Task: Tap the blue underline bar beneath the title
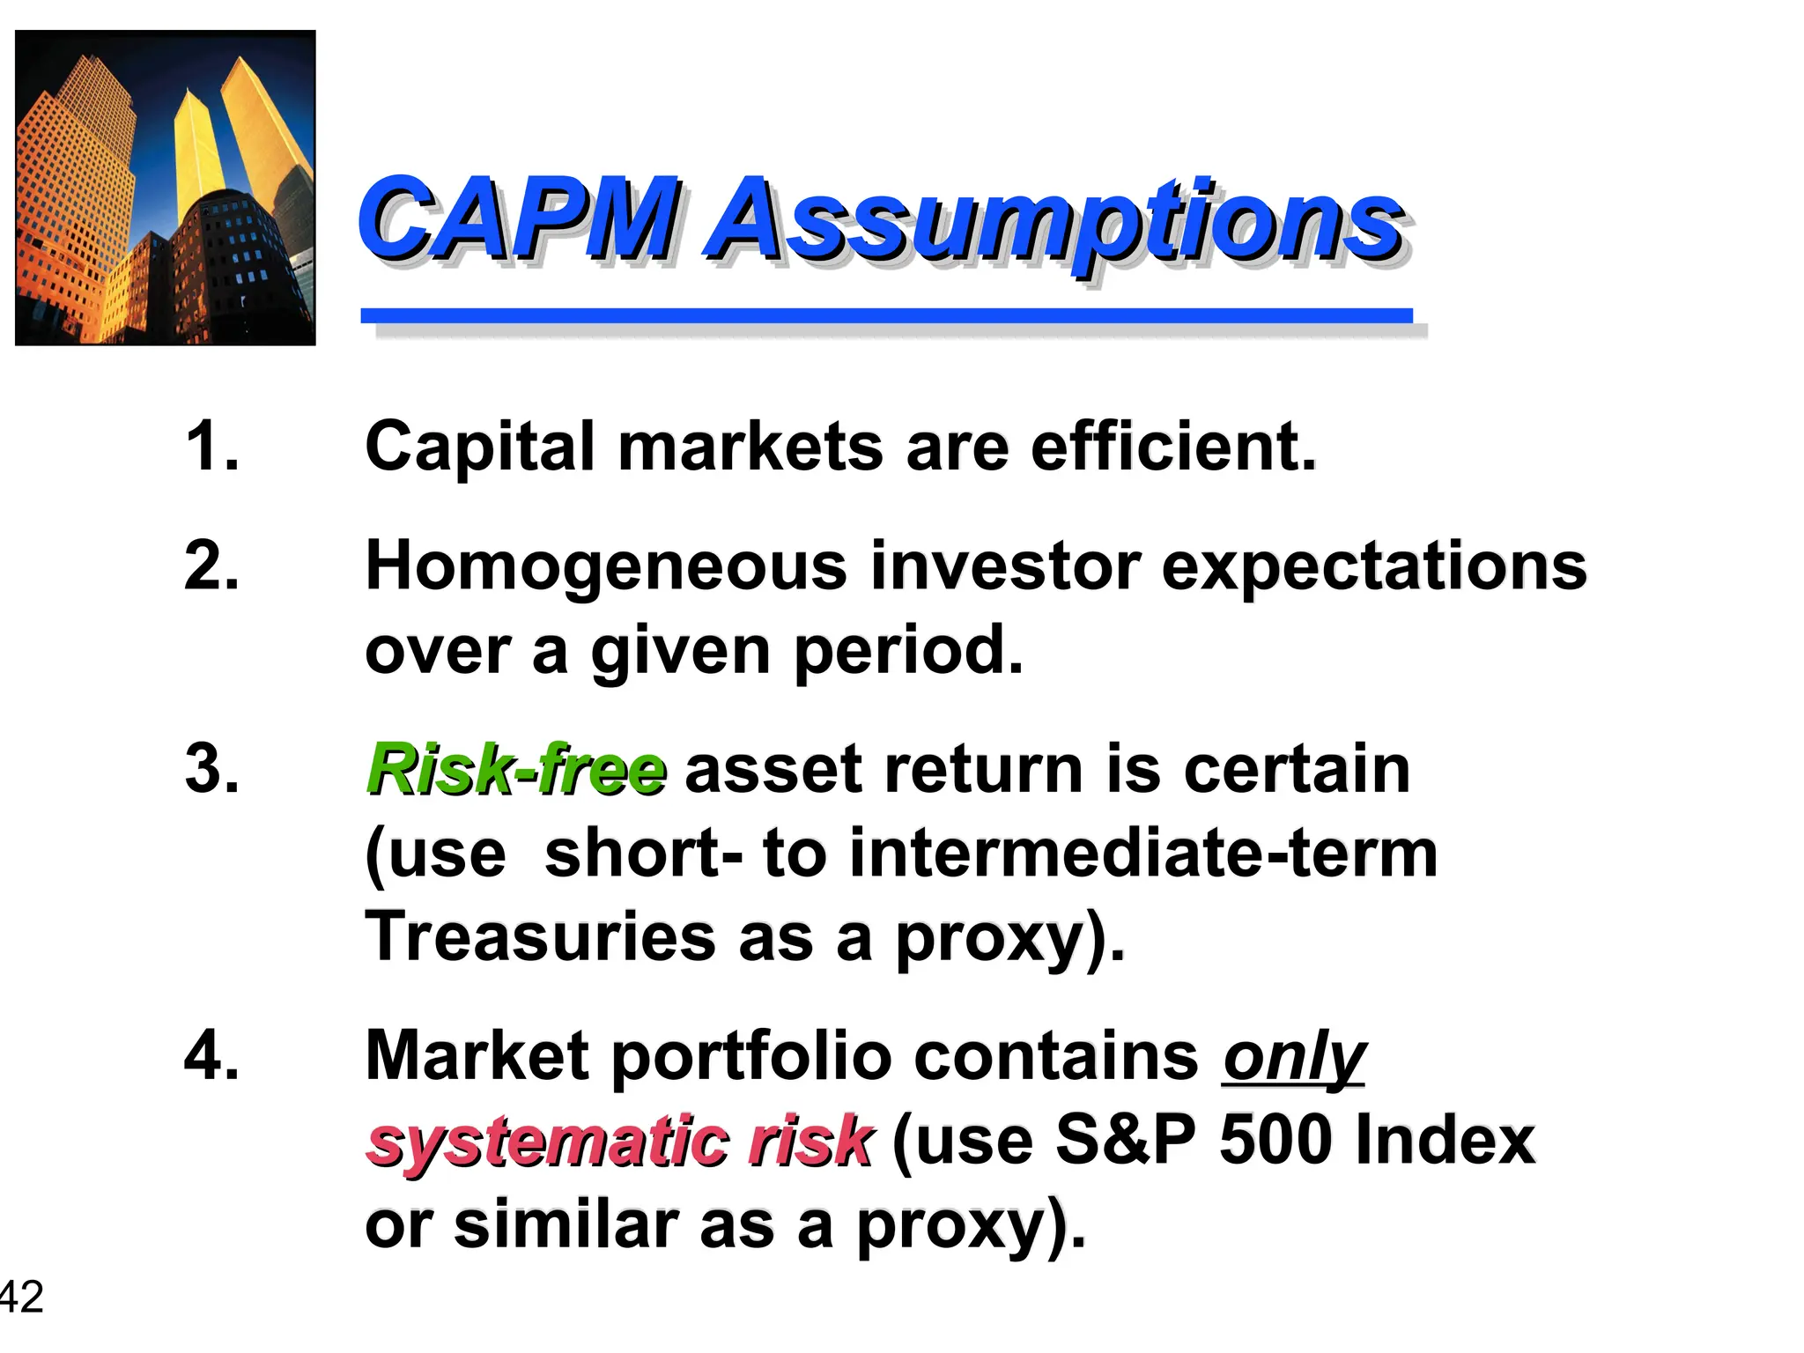tap(886, 315)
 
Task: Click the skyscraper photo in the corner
tap(166, 188)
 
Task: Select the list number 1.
tap(211, 446)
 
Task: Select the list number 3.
tap(211, 769)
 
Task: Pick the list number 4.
tap(211, 1055)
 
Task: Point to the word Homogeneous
tap(606, 566)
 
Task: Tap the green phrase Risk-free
tap(516, 769)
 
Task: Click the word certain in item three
tap(1297, 769)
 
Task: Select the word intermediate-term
tap(1143, 853)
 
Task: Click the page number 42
tap(21, 1297)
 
